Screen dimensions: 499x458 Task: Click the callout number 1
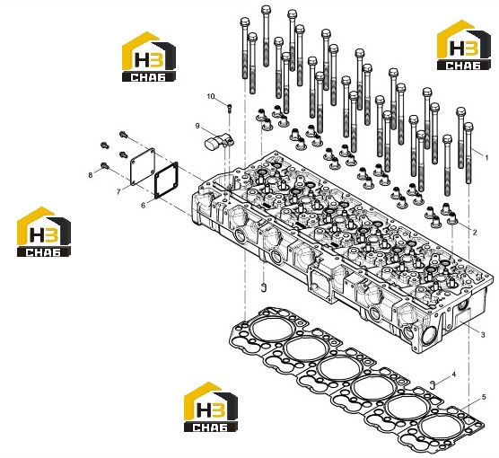click(x=486, y=157)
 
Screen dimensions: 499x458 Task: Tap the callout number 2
click(x=475, y=233)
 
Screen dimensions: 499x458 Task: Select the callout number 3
click(x=483, y=335)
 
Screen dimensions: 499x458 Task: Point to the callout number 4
click(x=454, y=374)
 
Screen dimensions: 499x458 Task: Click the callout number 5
click(x=484, y=397)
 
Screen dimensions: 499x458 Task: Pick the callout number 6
click(x=144, y=206)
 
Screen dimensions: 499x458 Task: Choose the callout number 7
click(x=118, y=192)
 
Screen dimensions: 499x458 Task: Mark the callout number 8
click(x=91, y=175)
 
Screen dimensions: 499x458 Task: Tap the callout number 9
click(x=197, y=126)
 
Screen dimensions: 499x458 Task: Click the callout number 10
click(x=211, y=96)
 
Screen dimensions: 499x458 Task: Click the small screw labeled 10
click(x=230, y=108)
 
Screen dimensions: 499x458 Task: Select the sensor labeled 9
click(x=219, y=141)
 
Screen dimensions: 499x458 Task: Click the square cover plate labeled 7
click(x=143, y=166)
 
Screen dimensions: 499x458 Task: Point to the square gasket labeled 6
click(x=166, y=181)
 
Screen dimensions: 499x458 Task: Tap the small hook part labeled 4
click(x=433, y=384)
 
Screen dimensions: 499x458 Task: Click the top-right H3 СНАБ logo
click(x=463, y=45)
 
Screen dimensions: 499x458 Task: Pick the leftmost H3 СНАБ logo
click(x=44, y=232)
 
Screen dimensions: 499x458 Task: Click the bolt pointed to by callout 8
click(x=105, y=165)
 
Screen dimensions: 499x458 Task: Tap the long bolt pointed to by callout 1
click(x=468, y=153)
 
